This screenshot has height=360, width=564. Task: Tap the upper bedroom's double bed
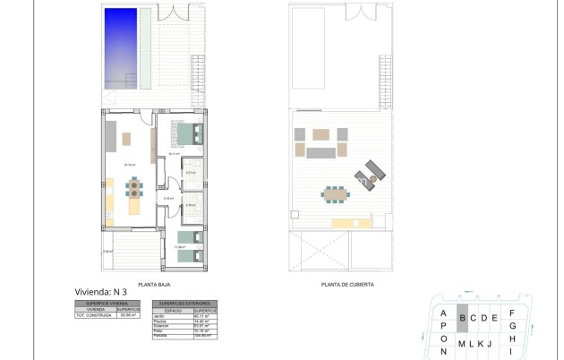(189, 135)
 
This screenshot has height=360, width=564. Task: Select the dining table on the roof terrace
(337, 193)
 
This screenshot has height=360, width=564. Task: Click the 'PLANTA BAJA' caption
(154, 284)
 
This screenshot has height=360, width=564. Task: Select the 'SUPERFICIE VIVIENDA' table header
(107, 304)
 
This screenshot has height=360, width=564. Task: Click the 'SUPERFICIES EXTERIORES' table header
(184, 304)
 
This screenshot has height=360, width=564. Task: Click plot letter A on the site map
(443, 313)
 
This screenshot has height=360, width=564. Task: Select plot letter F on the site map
(511, 313)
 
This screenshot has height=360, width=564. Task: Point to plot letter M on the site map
(461, 344)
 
